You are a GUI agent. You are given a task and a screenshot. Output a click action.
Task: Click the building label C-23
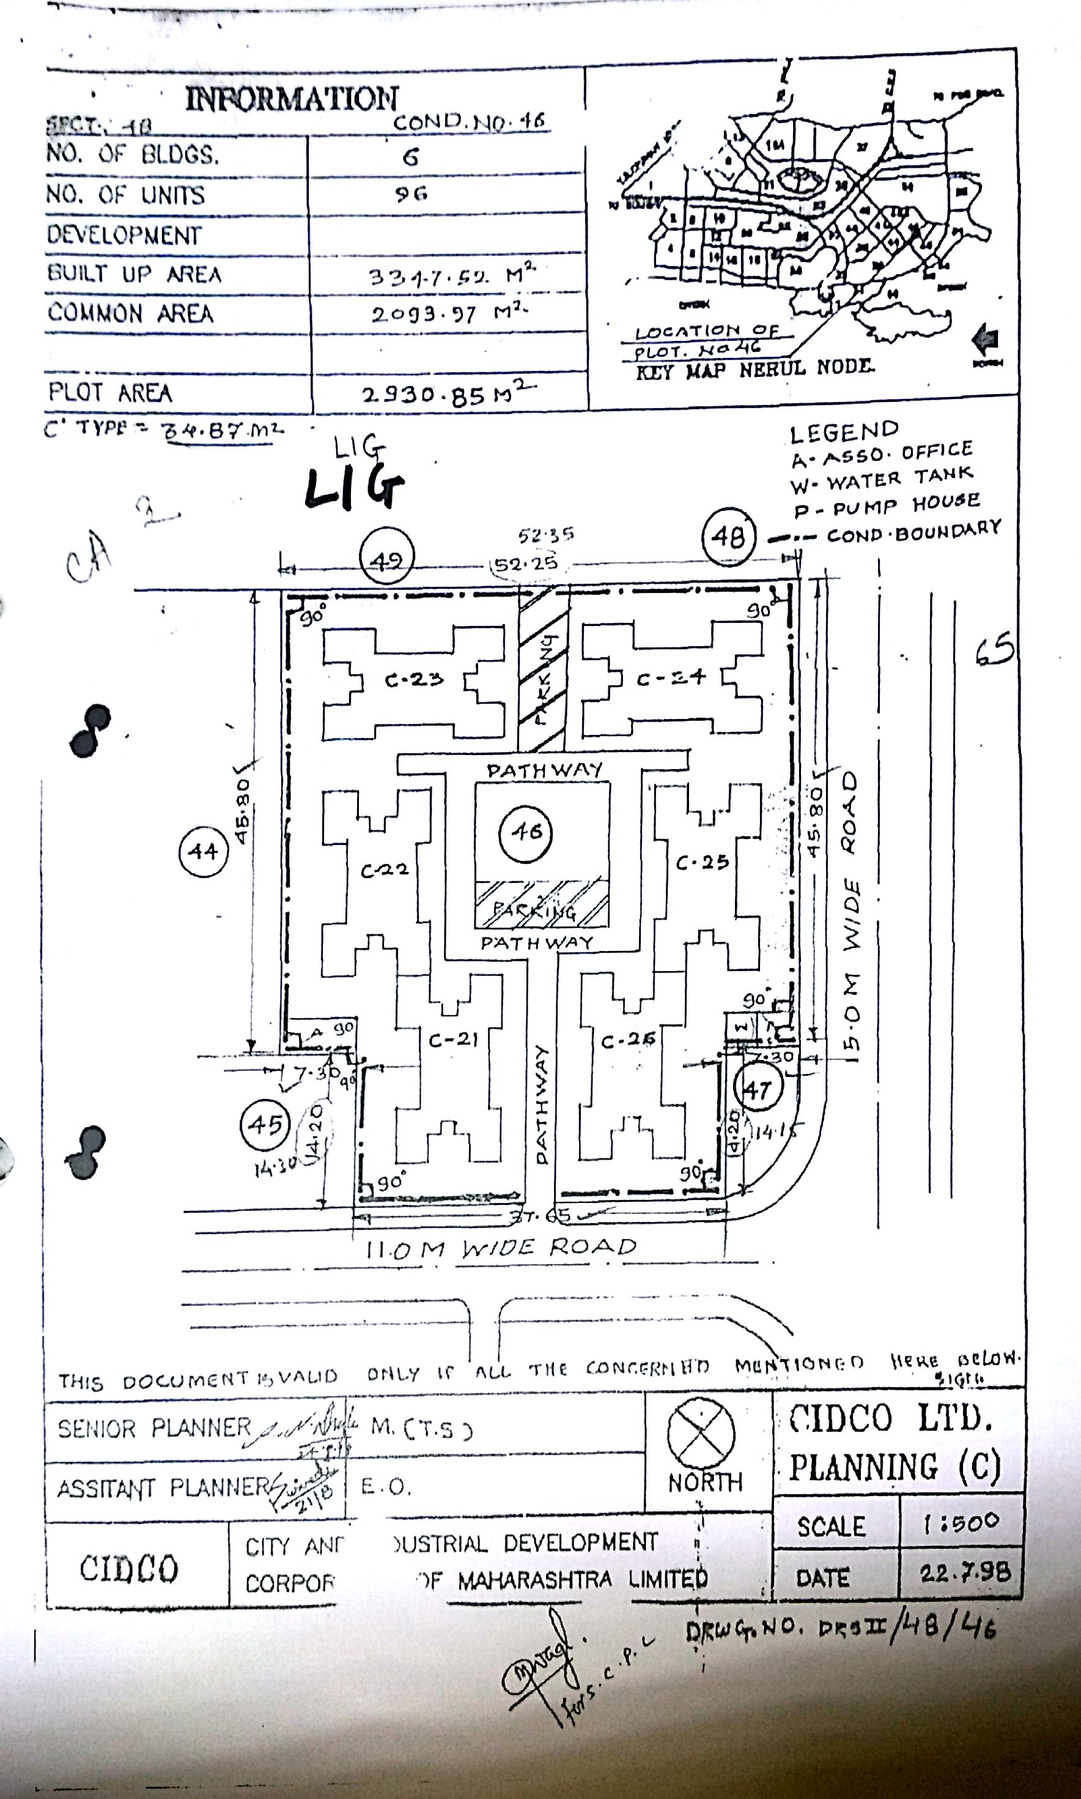click(x=414, y=680)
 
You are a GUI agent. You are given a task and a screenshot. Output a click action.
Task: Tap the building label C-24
click(x=671, y=679)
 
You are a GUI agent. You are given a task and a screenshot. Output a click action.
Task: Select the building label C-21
click(x=453, y=1040)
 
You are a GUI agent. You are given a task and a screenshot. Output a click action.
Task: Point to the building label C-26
click(x=628, y=1041)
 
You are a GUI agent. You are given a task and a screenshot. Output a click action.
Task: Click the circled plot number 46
click(x=526, y=832)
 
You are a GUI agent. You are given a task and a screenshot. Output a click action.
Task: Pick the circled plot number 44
click(x=203, y=851)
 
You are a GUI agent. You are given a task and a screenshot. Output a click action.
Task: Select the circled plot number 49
click(x=386, y=560)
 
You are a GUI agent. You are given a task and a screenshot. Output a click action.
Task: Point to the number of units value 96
click(x=411, y=194)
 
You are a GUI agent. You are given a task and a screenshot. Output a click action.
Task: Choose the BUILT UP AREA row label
click(x=134, y=274)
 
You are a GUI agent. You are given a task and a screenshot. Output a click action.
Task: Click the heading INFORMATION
click(x=292, y=99)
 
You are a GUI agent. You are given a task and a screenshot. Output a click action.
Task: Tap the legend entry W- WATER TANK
click(x=882, y=478)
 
